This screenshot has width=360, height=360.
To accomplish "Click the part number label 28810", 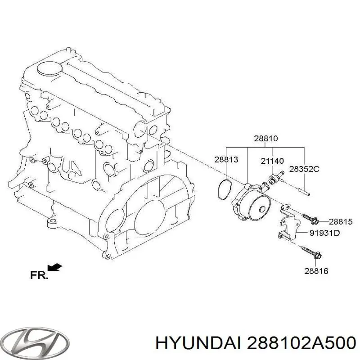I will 265,139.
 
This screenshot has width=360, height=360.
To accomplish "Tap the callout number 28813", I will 226,159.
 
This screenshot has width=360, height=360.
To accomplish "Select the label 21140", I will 272,161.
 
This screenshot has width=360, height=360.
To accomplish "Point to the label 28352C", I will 304,169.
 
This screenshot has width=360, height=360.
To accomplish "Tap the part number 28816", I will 316,271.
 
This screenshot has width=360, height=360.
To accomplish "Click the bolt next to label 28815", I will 310,219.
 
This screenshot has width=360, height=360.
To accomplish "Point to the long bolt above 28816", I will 310,252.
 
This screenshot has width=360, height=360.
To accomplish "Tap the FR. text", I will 39,275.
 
